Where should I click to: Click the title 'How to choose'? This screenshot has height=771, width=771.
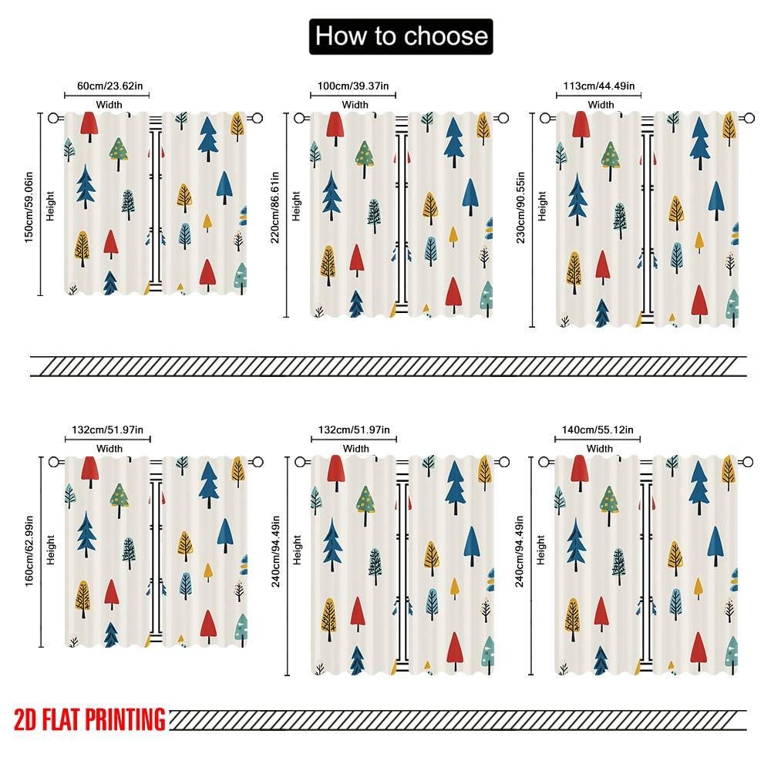pyautogui.click(x=400, y=36)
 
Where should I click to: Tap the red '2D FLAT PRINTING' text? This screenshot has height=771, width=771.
pyautogui.click(x=89, y=719)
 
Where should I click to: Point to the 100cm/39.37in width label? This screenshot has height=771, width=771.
pyautogui.click(x=354, y=86)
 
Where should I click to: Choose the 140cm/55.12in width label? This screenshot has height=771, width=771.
pyautogui.click(x=598, y=429)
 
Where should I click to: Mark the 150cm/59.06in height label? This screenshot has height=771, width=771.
pyautogui.click(x=29, y=204)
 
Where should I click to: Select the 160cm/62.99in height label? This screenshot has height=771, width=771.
pyautogui.click(x=29, y=550)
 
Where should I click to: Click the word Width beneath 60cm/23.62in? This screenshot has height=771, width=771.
pyautogui.click(x=109, y=104)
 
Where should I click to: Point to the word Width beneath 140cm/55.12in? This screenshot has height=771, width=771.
pyautogui.click(x=600, y=448)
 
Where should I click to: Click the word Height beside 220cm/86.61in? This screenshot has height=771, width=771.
pyautogui.click(x=297, y=206)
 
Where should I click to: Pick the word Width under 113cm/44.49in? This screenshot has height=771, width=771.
pyautogui.click(x=601, y=104)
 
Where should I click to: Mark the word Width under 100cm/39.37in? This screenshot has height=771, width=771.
pyautogui.click(x=355, y=104)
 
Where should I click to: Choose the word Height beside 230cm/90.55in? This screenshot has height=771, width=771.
pyautogui.click(x=542, y=206)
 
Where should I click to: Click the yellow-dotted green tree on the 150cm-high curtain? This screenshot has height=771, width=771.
pyautogui.click(x=118, y=153)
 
